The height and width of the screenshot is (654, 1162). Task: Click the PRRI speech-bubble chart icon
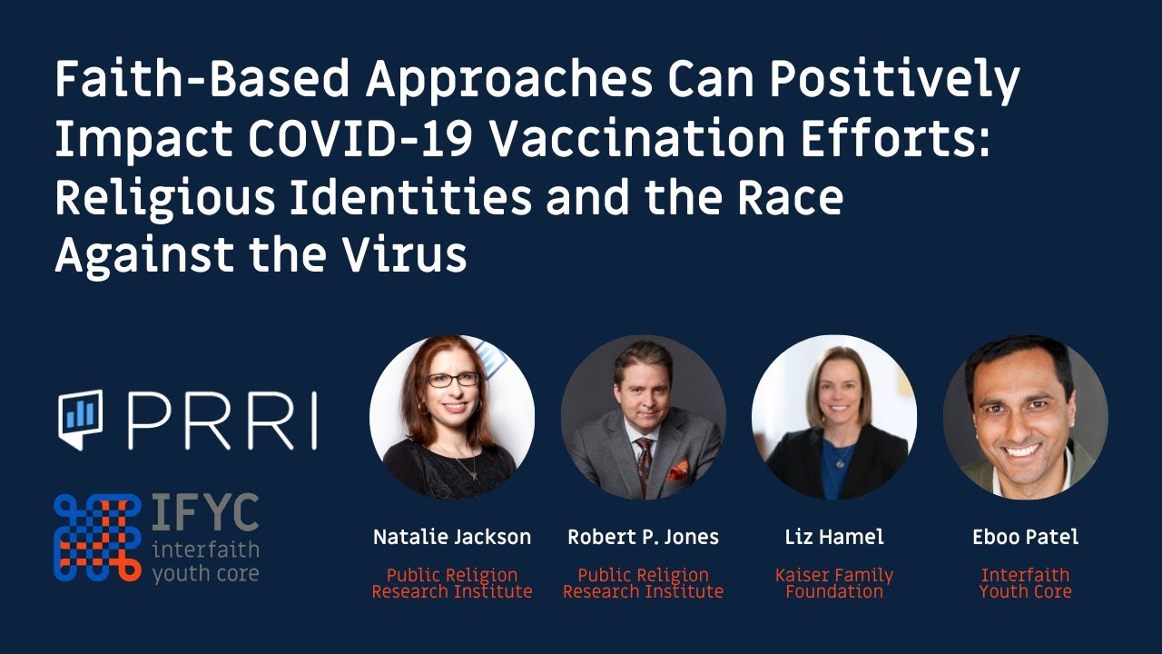pos(81,419)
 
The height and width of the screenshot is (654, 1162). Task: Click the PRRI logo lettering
pos(222,421)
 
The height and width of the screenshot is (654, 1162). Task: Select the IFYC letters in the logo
pos(205,515)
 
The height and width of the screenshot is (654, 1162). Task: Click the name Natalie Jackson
pos(452,537)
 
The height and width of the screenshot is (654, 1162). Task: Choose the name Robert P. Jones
pos(643,537)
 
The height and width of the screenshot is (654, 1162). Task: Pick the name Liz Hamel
pos(833,537)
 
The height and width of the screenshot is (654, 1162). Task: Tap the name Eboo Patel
pos(1025,537)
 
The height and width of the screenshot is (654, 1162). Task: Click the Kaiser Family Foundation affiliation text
pos(833,583)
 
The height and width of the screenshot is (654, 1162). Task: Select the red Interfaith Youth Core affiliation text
pos(1025,583)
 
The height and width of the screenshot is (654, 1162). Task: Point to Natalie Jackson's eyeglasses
pos(453,380)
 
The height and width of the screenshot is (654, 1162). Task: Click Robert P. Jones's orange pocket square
pos(677,471)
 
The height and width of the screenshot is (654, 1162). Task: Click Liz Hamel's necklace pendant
pos(839,463)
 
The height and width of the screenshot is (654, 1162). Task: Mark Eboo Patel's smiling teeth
pos(1022,450)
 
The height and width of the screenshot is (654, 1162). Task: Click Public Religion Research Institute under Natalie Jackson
pos(452,583)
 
